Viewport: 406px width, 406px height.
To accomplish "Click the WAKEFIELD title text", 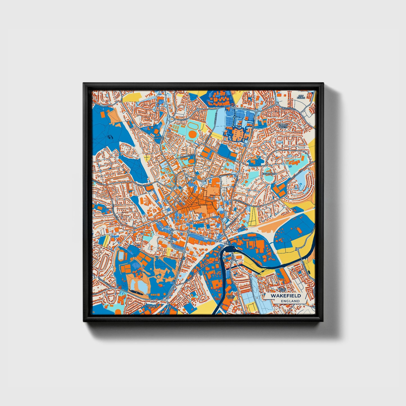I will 285,296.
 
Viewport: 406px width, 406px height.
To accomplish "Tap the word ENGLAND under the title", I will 290,301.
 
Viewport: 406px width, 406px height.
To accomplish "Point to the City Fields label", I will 301,97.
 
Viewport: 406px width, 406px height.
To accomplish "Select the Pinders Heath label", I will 283,126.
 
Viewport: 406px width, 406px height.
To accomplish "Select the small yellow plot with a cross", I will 147,157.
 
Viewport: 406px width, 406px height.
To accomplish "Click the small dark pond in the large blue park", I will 110,137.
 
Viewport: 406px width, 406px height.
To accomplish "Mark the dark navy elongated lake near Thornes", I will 137,292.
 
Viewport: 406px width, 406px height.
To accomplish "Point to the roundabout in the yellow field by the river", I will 297,249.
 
